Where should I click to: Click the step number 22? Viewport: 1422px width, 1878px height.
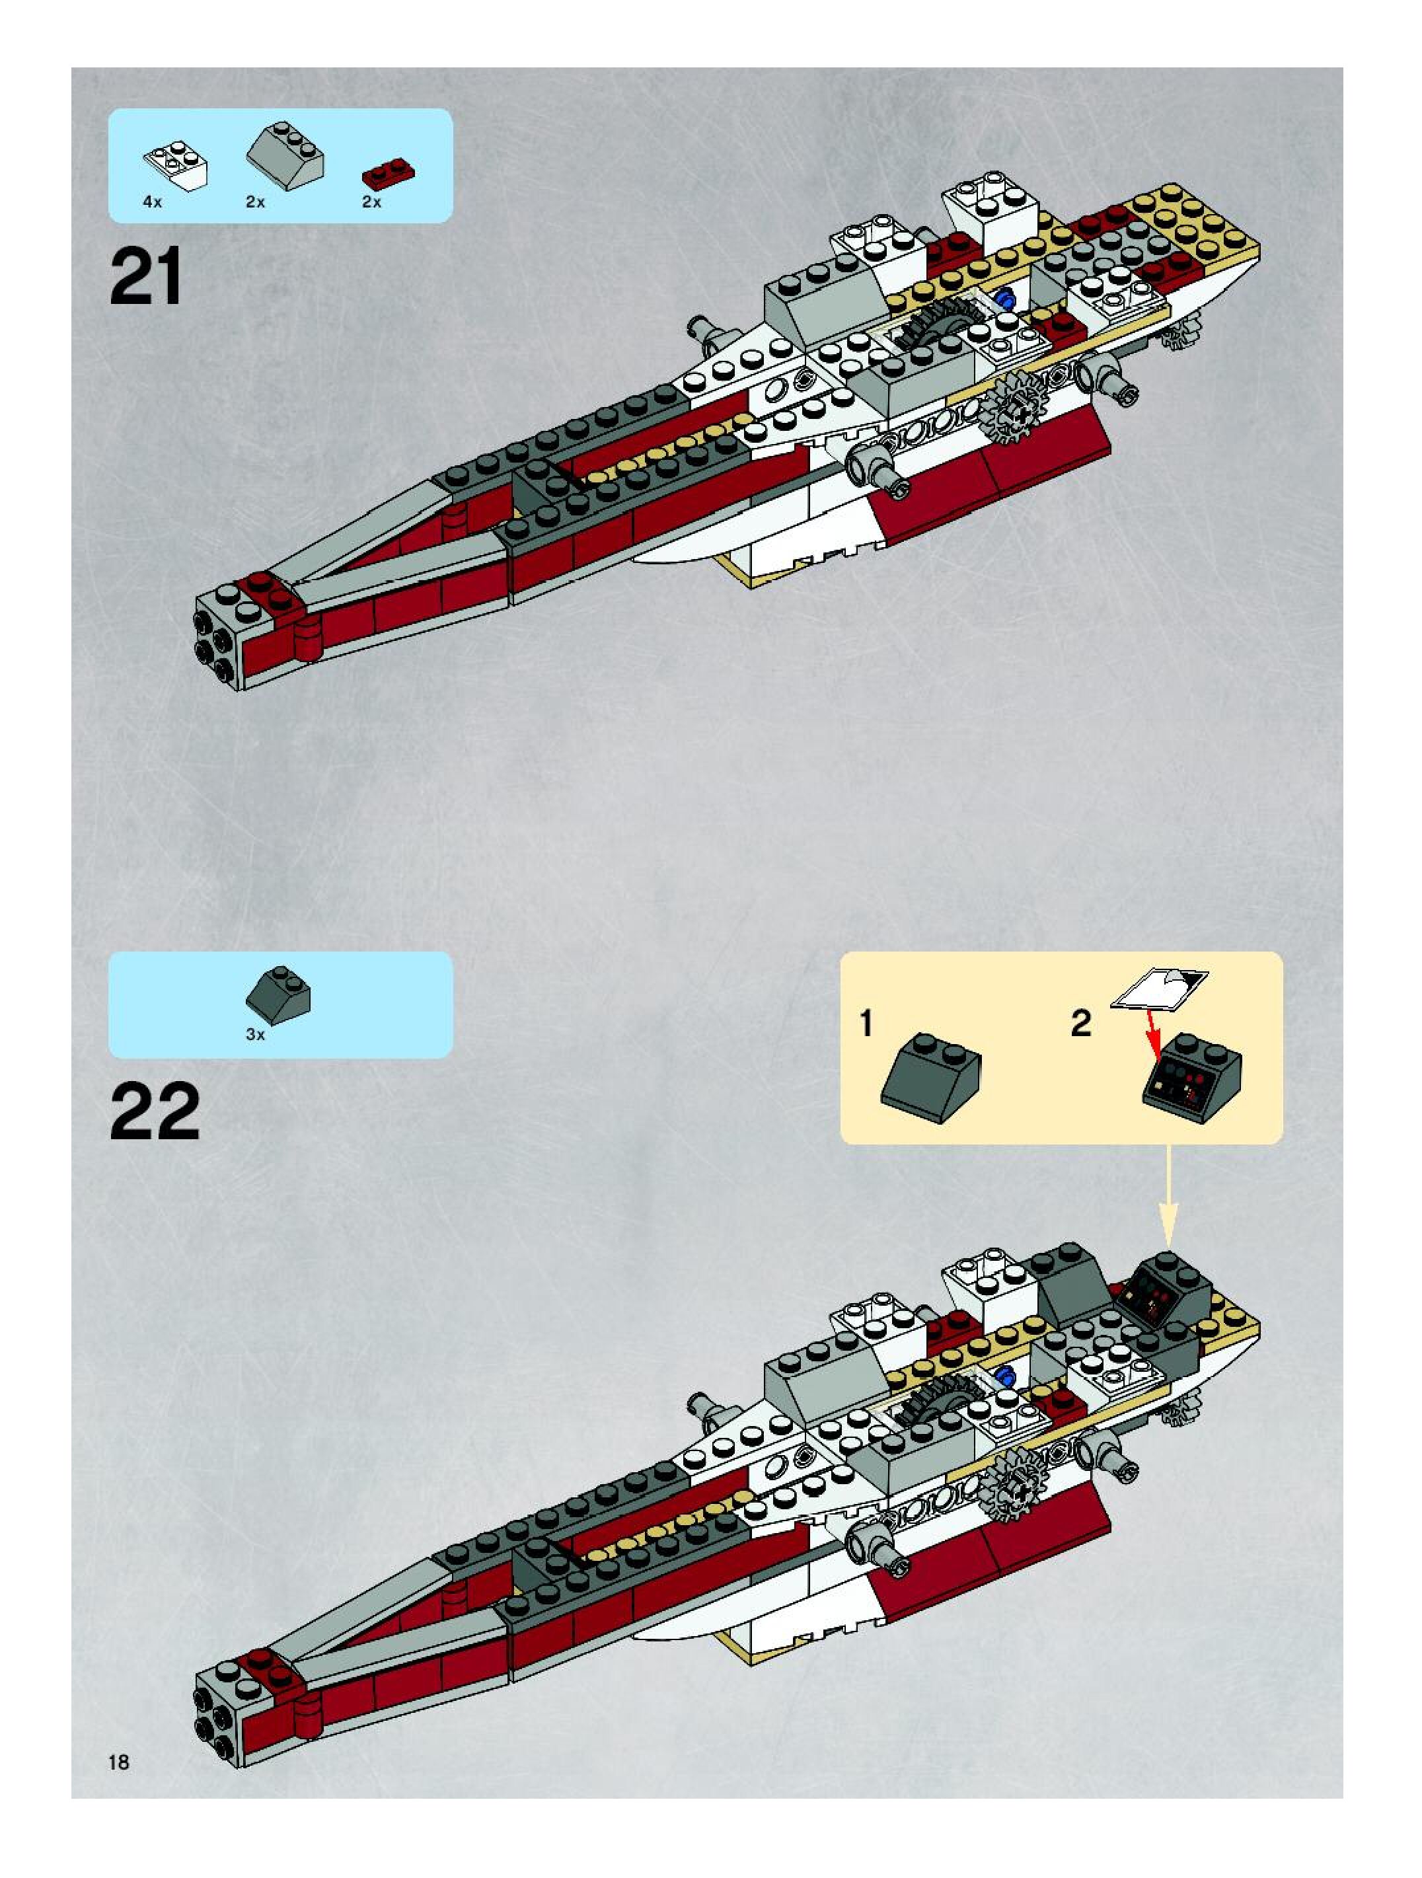tap(155, 1111)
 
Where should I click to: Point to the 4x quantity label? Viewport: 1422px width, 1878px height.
tap(152, 202)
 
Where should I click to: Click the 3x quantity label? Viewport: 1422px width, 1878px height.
tap(256, 1035)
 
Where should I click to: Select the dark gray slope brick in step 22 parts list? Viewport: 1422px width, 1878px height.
tap(278, 990)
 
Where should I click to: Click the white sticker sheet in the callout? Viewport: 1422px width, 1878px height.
tap(1160, 989)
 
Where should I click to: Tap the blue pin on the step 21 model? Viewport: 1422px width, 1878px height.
tap(1008, 298)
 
